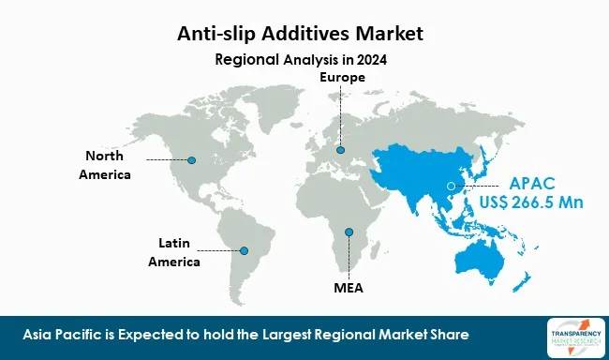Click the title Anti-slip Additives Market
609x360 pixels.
coord(301,35)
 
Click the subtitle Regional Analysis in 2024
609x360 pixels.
coord(301,59)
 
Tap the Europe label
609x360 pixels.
coord(339,77)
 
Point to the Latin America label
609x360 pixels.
coord(174,253)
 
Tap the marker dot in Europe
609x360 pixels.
coord(340,150)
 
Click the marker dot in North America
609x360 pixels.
coord(192,159)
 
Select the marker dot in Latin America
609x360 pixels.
coord(245,250)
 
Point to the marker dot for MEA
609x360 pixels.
coord(349,232)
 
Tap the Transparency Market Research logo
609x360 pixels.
coord(572,334)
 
